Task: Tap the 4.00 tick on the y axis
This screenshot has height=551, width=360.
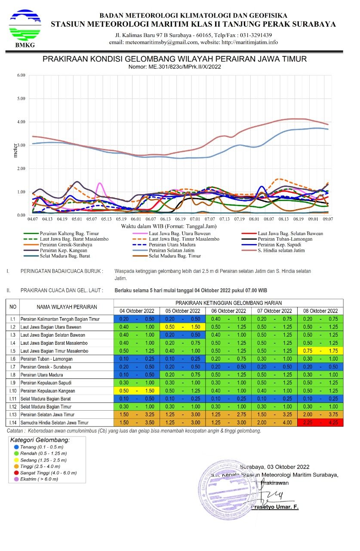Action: pyautogui.click(x=21, y=122)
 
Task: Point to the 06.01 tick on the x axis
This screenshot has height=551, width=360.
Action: pyautogui.click(x=136, y=220)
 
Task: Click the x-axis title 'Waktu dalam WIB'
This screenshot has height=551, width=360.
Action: pyautogui.click(x=169, y=226)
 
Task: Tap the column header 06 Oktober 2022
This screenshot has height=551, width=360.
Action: pyautogui.click(x=229, y=311)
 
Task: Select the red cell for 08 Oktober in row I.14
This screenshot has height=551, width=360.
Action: pyautogui.click(x=320, y=423)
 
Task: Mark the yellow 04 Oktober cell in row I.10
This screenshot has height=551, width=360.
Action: pyautogui.click(x=136, y=391)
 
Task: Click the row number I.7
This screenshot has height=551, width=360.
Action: pyautogui.click(x=13, y=367)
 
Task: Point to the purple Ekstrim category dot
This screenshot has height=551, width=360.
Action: pyautogui.click(x=16, y=479)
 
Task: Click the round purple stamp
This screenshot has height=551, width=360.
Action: pyautogui.click(x=228, y=490)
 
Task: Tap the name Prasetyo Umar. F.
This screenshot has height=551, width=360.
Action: pyautogui.click(x=280, y=507)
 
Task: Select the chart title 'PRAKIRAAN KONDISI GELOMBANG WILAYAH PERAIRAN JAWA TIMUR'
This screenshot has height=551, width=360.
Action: pyautogui.click(x=175, y=59)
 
